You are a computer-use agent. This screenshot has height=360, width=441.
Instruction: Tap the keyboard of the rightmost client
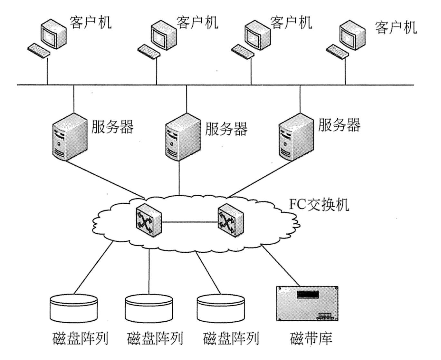pyautogui.click(x=338, y=51)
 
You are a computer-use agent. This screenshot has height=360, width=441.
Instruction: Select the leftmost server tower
pyautogui.click(x=70, y=137)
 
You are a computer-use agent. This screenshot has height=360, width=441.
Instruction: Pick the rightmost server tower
pyautogui.click(x=295, y=137)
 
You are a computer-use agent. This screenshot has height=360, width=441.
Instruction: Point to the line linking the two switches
pyautogui.click(x=189, y=221)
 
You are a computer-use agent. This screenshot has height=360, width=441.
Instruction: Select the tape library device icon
pyautogui.click(x=307, y=304)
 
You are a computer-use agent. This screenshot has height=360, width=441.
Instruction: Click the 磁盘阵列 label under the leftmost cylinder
pyautogui.click(x=80, y=338)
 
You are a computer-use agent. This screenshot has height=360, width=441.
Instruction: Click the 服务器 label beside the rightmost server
pyautogui.click(x=339, y=125)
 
